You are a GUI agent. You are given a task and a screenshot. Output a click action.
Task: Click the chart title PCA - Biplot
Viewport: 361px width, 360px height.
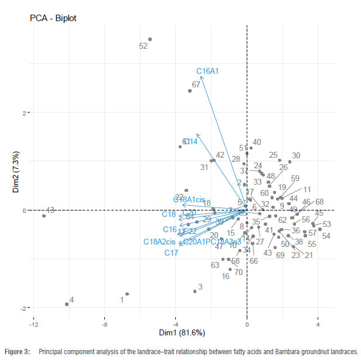pyautogui.click(x=53, y=18)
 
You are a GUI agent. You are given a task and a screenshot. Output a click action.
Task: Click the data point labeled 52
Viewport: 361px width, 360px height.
pyautogui.click(x=150, y=39)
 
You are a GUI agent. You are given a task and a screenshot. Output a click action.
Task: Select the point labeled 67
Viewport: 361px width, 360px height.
pyautogui.click(x=190, y=91)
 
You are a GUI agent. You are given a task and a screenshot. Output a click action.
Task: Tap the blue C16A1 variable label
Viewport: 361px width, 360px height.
pyautogui.click(x=207, y=71)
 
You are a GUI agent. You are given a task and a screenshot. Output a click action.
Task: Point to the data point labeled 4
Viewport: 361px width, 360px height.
pyautogui.click(x=67, y=304)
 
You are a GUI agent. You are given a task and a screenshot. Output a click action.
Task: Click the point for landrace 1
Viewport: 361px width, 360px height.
pyautogui.click(x=127, y=294)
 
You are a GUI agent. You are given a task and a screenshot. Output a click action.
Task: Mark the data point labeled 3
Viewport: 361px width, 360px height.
pyautogui.click(x=195, y=291)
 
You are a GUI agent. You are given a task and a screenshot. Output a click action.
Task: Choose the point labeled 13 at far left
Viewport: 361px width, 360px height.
pyautogui.click(x=44, y=216)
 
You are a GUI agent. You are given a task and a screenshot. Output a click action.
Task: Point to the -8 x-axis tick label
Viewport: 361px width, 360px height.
pyautogui.click(x=104, y=324)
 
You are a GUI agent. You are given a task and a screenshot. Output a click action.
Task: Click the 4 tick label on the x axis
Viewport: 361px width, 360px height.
pyautogui.click(x=318, y=324)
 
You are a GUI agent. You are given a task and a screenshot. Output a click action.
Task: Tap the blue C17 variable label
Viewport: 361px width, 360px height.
pyautogui.click(x=171, y=253)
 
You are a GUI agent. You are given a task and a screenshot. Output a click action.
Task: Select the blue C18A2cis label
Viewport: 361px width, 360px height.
pyautogui.click(x=159, y=242)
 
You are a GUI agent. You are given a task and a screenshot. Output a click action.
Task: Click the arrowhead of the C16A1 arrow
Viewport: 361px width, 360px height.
pyautogui.click(x=201, y=77)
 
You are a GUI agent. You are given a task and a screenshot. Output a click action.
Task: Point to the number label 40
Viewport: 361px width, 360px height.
pyautogui.click(x=257, y=142)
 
